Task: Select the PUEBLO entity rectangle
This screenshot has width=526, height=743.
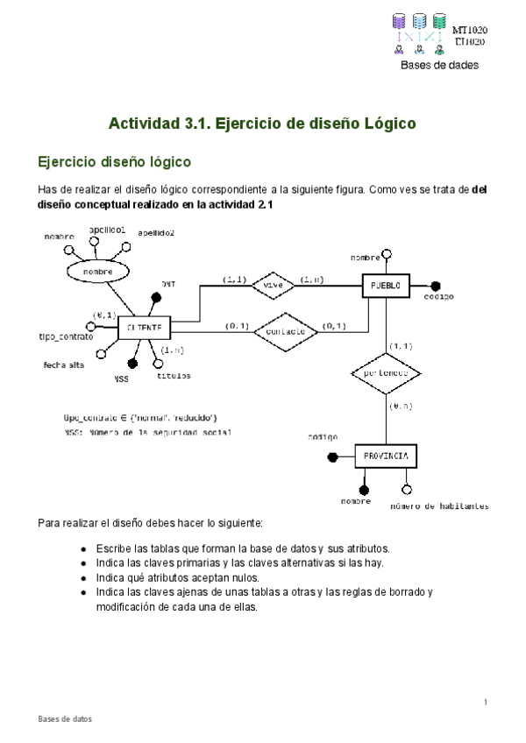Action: click(386, 286)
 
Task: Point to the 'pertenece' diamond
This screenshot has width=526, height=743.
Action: click(386, 373)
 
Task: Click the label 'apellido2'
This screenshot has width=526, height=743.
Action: click(156, 233)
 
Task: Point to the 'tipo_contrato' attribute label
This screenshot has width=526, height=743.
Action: click(65, 336)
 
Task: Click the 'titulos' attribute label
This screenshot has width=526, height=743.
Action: click(173, 375)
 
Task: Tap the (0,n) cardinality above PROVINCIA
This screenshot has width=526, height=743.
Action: click(401, 406)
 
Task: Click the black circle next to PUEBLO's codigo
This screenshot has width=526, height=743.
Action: click(435, 286)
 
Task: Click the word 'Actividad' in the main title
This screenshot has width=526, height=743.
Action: click(143, 124)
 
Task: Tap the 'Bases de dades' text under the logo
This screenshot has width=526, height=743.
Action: click(439, 65)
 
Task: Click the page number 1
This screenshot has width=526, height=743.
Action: click(485, 703)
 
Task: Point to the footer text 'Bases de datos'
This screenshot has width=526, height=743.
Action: click(64, 718)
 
